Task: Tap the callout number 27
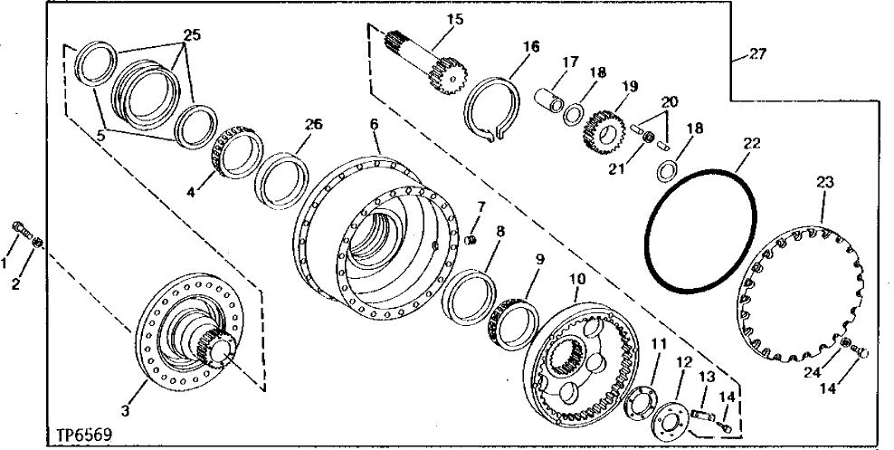[x=757, y=54]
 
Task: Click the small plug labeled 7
[x=471, y=240]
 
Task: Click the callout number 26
[x=314, y=124]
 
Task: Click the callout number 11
[x=658, y=342]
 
